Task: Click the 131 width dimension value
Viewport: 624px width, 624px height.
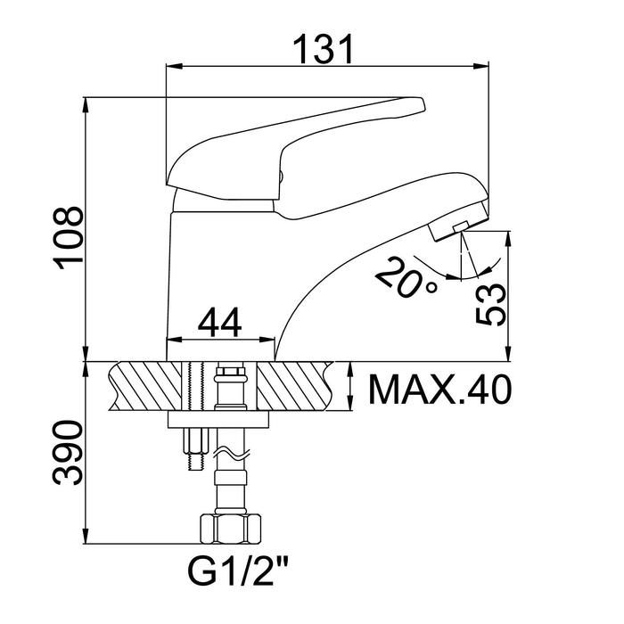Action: tap(323, 49)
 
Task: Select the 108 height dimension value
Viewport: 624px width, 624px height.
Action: tap(69, 238)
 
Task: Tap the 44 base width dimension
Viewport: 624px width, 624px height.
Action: tap(219, 322)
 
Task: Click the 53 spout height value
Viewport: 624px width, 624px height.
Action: tap(490, 305)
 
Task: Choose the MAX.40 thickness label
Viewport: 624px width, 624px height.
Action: tap(439, 390)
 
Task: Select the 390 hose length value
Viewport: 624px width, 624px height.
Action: tap(69, 453)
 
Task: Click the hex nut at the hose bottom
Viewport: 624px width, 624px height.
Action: tap(230, 529)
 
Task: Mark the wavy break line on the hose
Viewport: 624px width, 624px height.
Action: tap(233, 453)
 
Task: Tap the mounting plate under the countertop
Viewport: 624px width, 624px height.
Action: tap(218, 420)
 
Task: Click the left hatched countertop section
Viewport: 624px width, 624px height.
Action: tap(145, 386)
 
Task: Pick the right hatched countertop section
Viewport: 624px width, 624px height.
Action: tap(295, 386)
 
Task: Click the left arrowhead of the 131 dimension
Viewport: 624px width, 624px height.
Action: tap(174, 66)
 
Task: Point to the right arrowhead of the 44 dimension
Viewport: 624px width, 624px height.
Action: tap(267, 340)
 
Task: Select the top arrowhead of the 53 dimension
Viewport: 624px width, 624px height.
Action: tap(507, 239)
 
